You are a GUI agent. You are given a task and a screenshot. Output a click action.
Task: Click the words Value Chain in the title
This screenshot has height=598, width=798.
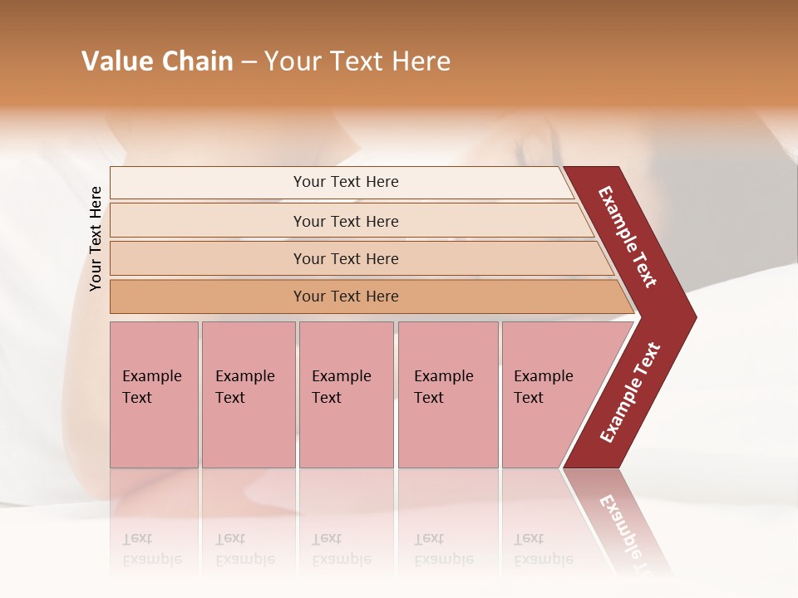(157, 61)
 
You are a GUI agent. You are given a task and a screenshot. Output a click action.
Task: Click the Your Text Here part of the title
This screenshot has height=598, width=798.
(357, 61)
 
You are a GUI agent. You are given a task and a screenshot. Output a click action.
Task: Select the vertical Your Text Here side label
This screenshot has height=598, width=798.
(96, 238)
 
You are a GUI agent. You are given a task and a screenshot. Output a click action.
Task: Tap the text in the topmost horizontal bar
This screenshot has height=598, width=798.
(346, 182)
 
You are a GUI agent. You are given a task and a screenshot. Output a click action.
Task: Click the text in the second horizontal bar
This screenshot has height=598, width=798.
(346, 222)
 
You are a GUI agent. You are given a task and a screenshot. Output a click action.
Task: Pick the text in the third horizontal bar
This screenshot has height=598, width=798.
(346, 259)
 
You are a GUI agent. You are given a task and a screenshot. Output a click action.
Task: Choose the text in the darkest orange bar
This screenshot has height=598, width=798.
(346, 297)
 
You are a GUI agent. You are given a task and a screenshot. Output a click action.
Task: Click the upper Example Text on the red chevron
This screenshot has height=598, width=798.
(628, 237)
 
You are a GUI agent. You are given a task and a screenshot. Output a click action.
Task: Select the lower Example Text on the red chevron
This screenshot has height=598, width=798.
(630, 393)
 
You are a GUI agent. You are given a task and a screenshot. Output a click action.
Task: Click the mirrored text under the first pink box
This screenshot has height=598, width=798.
(152, 550)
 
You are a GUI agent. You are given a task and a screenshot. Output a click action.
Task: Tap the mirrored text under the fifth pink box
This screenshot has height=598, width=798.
(543, 550)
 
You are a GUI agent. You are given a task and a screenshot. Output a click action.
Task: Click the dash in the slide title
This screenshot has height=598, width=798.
(249, 62)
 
